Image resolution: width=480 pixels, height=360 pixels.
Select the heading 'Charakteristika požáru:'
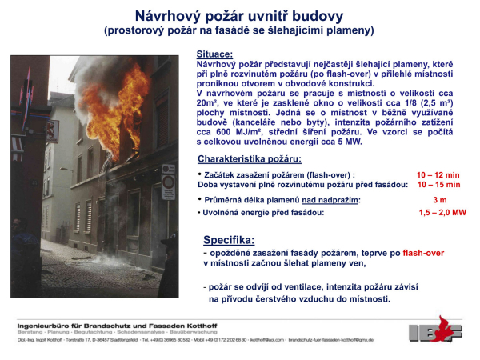(247, 158)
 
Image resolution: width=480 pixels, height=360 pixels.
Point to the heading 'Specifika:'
(229, 239)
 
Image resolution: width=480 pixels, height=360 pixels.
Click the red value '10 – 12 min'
(438, 174)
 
